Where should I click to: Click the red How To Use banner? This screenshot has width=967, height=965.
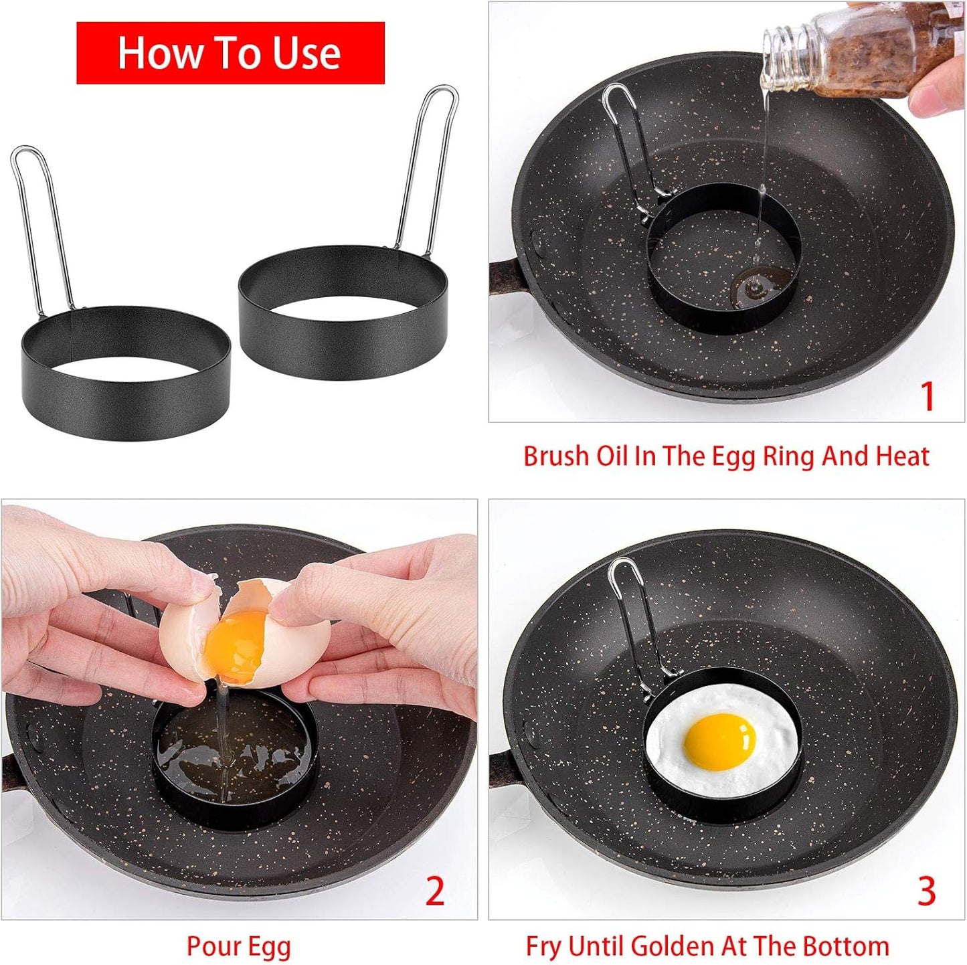pos(230,53)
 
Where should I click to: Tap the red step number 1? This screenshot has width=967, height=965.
pos(927,397)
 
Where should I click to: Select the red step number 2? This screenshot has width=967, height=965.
pos(435,891)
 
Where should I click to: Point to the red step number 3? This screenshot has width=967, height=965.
pos(926,891)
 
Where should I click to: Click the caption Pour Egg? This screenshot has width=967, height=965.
pos(238,947)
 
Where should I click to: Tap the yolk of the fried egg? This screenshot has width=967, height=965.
pos(720,741)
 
